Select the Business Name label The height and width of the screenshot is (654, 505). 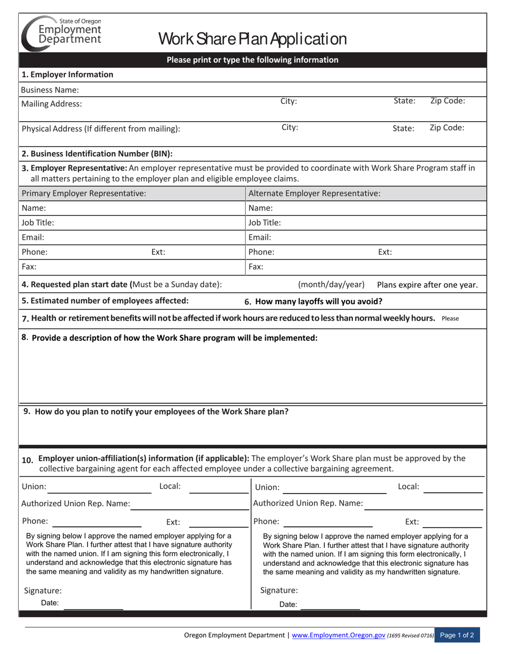click(x=50, y=90)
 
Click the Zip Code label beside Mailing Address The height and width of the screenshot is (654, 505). click(x=447, y=101)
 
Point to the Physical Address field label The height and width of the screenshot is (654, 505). click(x=100, y=128)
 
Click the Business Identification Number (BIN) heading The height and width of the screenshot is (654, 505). click(x=97, y=154)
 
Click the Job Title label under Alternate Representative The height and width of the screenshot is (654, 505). click(x=265, y=223)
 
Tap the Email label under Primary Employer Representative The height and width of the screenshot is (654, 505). click(x=33, y=238)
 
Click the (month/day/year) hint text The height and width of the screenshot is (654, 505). click(x=331, y=284)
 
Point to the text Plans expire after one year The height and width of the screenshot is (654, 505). click(x=427, y=284)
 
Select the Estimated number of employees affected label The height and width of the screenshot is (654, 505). click(x=105, y=300)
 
